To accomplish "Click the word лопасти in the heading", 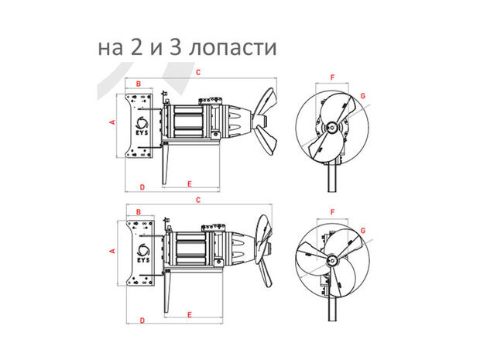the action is (x=232, y=48).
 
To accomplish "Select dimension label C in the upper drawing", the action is (x=198, y=72).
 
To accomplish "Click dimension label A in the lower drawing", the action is (x=113, y=251).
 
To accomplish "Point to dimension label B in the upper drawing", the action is (x=139, y=84).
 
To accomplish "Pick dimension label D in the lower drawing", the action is (x=142, y=321).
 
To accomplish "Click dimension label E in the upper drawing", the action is (x=190, y=184).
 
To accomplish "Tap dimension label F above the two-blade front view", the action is (x=332, y=77).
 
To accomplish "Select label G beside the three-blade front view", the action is (x=363, y=231).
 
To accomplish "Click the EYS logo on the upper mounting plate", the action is (x=142, y=126).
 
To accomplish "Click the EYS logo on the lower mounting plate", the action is (x=143, y=253).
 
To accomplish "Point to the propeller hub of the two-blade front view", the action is (x=332, y=128).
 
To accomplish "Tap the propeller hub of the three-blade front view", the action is (x=331, y=260).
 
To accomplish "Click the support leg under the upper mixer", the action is (x=166, y=164).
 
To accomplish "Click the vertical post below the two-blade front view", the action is (x=332, y=178).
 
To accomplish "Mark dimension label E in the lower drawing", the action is (x=190, y=314).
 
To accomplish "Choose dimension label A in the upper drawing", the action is (x=113, y=122).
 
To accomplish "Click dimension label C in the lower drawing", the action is (x=198, y=200).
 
